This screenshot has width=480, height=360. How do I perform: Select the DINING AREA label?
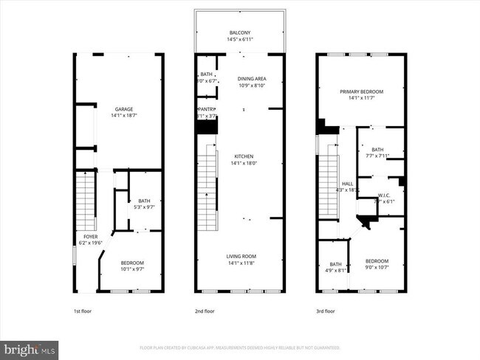point(252,79)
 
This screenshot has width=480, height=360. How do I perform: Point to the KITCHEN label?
point(244,156)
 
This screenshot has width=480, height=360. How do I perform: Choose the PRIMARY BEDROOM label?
point(360,92)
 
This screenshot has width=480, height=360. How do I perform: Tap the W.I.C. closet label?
point(384,195)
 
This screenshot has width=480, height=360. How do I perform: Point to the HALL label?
point(347,184)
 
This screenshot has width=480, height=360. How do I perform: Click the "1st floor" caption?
point(82,311)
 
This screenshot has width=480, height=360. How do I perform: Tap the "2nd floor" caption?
point(205,311)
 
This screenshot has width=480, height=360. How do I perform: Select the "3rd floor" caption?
point(325,311)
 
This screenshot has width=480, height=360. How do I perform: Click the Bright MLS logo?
point(30,347)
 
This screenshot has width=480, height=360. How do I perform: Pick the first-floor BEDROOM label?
point(132,263)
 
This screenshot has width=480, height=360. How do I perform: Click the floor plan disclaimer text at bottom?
point(239,347)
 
